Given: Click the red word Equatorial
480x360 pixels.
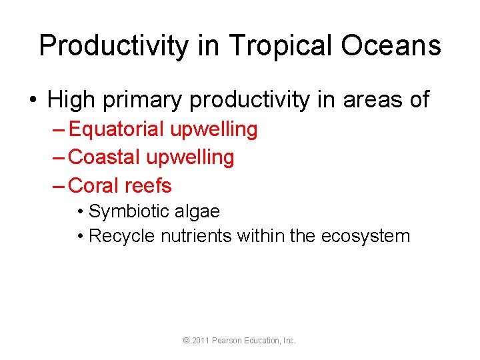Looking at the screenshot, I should pyautogui.click(x=117, y=129).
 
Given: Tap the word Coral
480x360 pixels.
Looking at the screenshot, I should pyautogui.click(x=94, y=185).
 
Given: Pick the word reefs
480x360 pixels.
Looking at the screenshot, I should pyautogui.click(x=148, y=185).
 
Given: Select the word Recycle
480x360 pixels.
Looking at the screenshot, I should pyautogui.click(x=122, y=236).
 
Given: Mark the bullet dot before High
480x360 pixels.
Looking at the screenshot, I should pyautogui.click(x=32, y=101).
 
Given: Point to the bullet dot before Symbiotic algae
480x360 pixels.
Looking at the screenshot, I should pyautogui.click(x=80, y=213).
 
